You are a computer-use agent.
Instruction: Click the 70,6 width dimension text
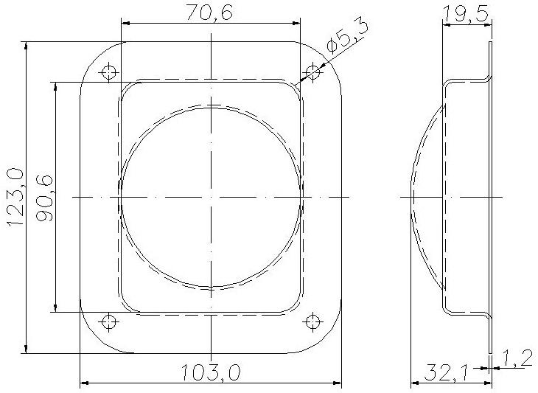click(x=209, y=13)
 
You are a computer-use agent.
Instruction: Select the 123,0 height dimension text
click(x=15, y=198)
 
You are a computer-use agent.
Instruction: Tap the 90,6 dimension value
click(x=44, y=198)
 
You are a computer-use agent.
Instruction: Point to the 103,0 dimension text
click(x=210, y=373)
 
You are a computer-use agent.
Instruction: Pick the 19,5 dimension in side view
click(x=465, y=15)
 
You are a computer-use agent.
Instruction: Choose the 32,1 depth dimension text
click(x=446, y=373)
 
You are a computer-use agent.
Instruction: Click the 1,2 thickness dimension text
click(x=519, y=359)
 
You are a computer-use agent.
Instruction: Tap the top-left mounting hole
click(x=109, y=72)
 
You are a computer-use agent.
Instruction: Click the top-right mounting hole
click(x=313, y=72)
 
